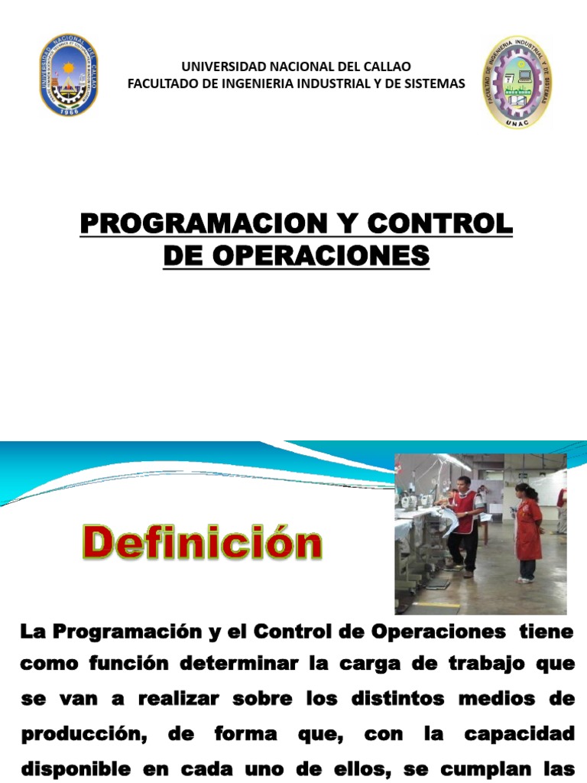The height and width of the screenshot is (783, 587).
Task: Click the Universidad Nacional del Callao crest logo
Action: [x=69, y=75]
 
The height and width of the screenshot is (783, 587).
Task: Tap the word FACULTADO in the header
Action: [x=160, y=83]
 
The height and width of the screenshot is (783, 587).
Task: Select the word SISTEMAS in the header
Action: [x=436, y=83]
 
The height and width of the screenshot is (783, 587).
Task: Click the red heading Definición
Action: [x=202, y=544]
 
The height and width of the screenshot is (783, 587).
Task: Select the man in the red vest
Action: [x=463, y=524]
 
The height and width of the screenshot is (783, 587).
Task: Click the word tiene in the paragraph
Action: [x=546, y=632]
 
